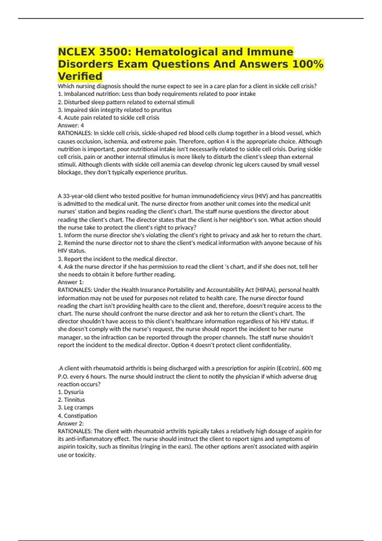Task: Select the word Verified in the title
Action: point(80,76)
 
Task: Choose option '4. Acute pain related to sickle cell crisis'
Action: point(108,118)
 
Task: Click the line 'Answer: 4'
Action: point(71,125)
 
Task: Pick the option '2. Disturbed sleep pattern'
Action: point(126,102)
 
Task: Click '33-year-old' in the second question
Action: point(75,196)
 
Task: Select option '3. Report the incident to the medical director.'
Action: point(117,259)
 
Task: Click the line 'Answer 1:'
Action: point(71,282)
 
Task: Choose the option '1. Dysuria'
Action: point(71,392)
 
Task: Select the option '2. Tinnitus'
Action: point(71,400)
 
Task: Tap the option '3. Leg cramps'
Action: point(75,408)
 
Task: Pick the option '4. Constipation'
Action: point(77,416)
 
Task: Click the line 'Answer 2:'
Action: point(71,424)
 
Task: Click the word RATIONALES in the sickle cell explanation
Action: point(75,133)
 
